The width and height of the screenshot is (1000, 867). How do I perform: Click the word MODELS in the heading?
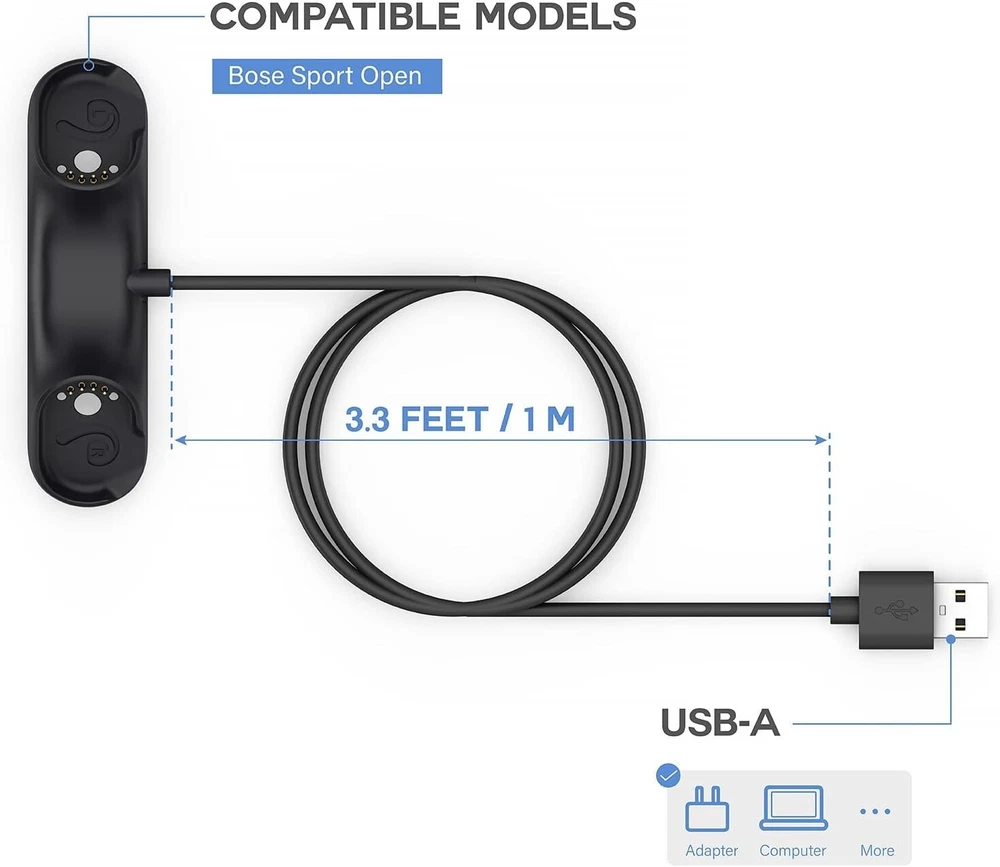tap(555, 16)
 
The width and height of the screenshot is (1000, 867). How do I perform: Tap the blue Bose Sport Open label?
tap(327, 76)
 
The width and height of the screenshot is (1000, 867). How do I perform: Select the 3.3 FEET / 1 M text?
tap(460, 419)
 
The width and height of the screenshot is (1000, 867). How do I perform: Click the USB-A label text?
tap(720, 723)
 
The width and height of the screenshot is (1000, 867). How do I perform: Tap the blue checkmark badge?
tap(668, 775)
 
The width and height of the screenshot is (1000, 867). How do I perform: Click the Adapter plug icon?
tap(707, 808)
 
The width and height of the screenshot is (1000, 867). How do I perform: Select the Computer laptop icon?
tap(793, 808)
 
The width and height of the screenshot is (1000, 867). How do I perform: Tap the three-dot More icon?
tap(875, 811)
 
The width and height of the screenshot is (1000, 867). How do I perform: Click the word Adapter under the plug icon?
tap(712, 850)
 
